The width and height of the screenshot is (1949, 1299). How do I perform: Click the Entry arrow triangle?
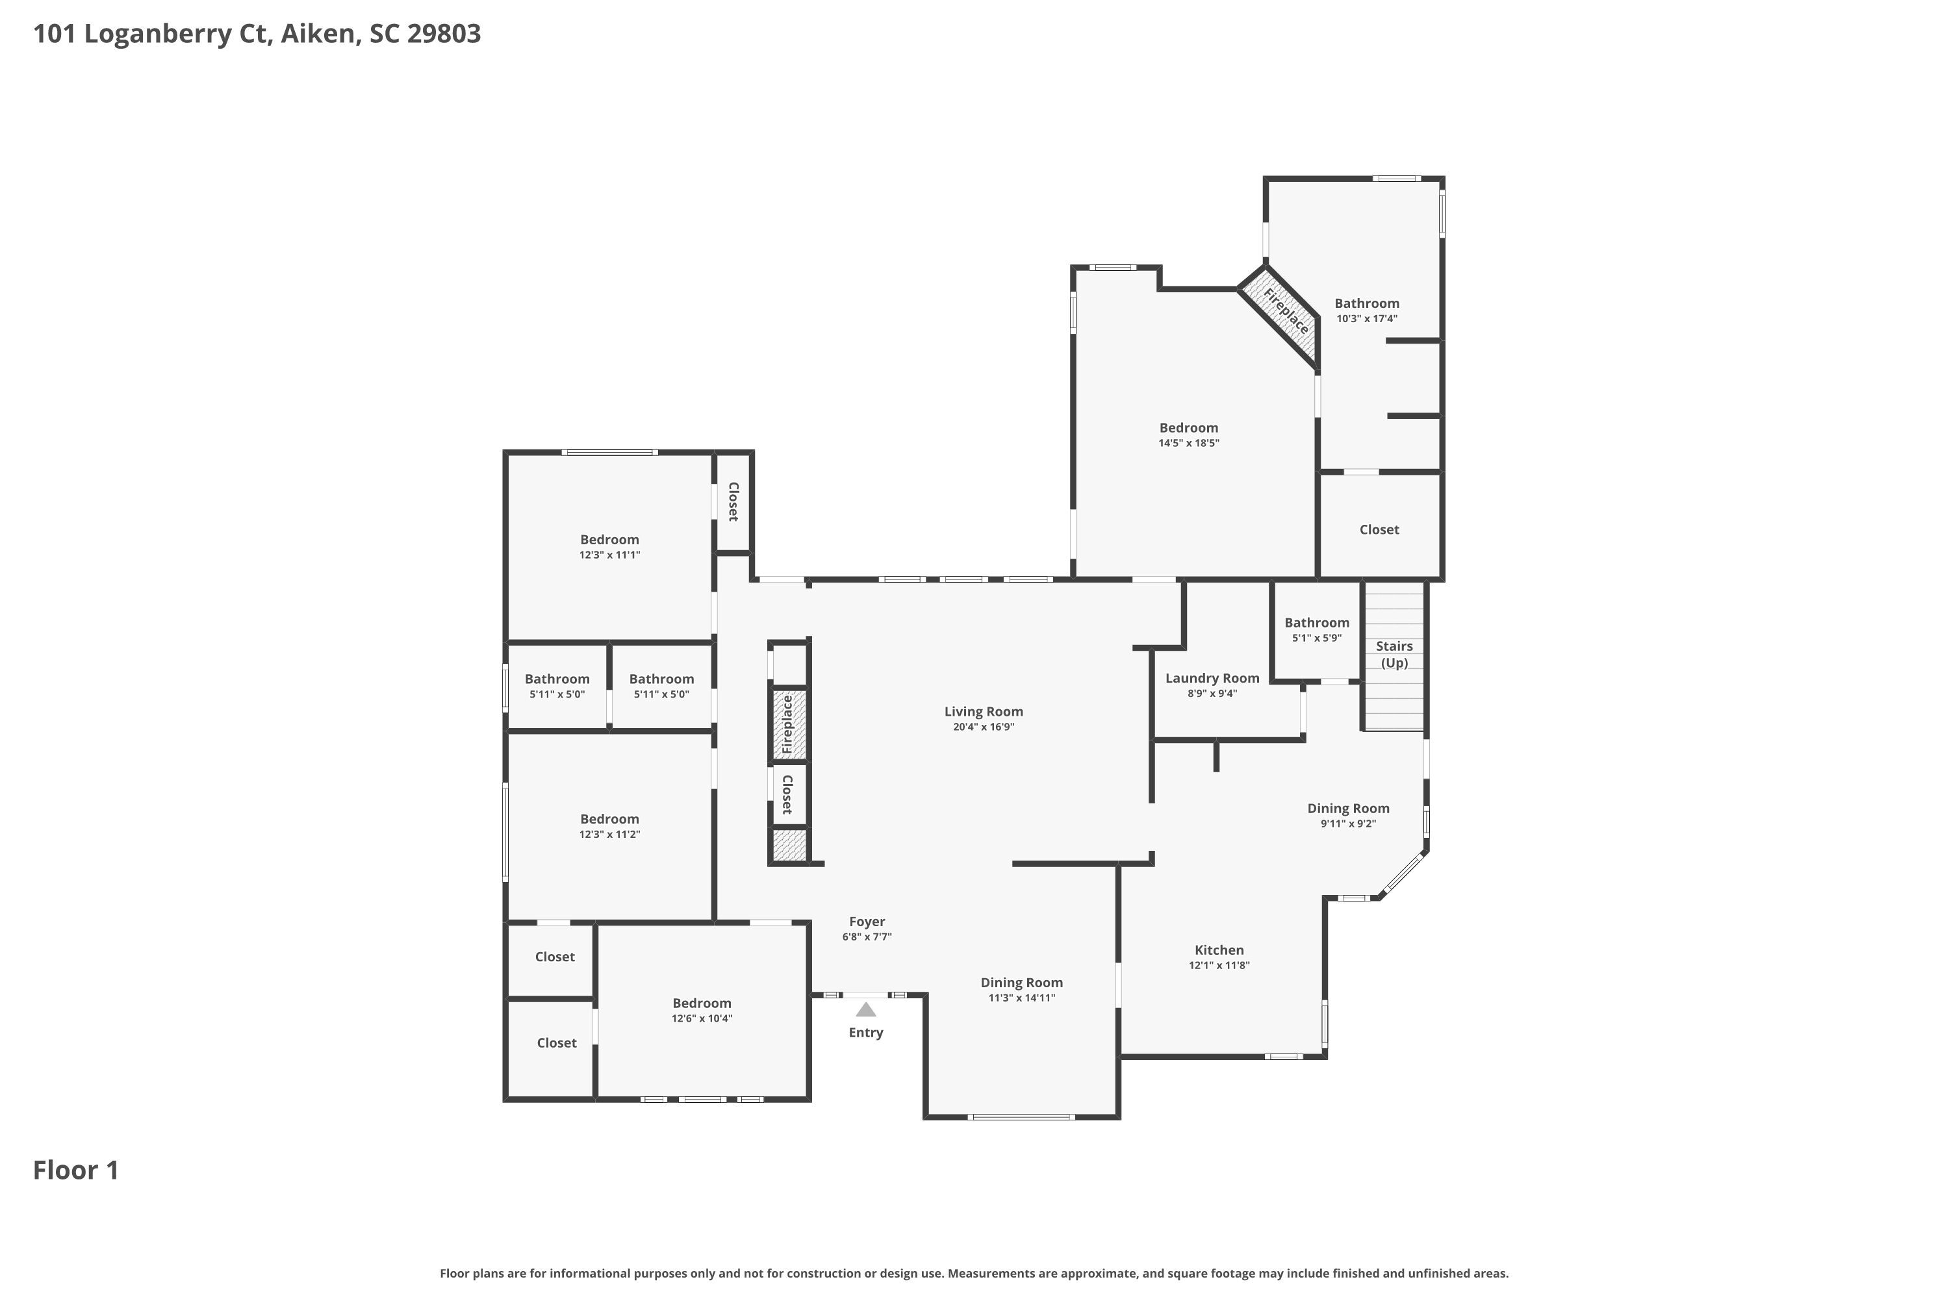866,1010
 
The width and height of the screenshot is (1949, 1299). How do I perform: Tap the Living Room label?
984,712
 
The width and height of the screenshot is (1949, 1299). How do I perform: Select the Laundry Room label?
1212,679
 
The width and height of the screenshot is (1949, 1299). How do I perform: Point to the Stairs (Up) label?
1395,655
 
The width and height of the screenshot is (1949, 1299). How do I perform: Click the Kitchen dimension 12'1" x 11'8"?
1219,965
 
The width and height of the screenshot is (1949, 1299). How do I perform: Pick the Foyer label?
867,922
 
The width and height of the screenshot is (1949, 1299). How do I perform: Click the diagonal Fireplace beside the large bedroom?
1279,316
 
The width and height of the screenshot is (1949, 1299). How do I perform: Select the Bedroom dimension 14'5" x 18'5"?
1188,443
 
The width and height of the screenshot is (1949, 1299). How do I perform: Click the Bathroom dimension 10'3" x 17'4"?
1366,319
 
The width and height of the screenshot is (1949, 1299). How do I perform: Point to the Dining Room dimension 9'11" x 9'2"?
1348,824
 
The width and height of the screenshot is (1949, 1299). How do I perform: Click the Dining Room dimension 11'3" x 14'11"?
1022,998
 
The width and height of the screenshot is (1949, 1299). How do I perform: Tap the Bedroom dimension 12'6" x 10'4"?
702,1019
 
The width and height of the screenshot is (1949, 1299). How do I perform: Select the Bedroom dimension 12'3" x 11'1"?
609,555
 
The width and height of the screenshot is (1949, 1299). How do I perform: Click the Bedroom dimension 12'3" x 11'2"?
609,834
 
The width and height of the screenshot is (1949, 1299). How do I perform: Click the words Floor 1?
75,1170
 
